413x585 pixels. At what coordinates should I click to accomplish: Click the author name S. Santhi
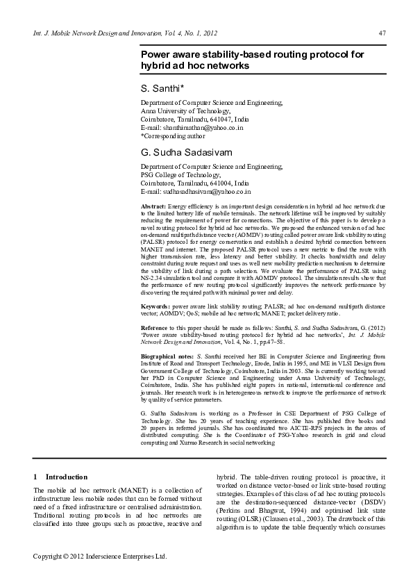tap(162, 88)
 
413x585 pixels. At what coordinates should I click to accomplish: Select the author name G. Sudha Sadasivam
tap(183, 151)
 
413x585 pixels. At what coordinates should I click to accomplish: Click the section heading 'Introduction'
tap(67, 477)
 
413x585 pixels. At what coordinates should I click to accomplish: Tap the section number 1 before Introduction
tap(36, 477)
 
